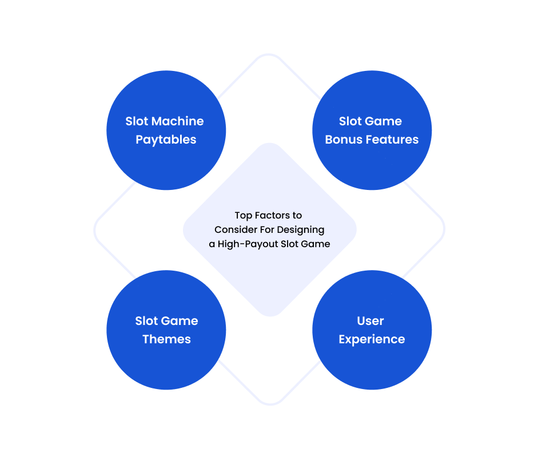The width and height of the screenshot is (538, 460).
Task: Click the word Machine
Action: pos(177,121)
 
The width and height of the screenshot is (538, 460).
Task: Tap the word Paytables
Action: pos(166,140)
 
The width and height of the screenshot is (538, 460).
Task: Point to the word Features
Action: pos(392,140)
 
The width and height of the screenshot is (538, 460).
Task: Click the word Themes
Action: pos(167,339)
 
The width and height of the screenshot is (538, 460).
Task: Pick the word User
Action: pos(370,321)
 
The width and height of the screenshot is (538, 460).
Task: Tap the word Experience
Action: pos(372,339)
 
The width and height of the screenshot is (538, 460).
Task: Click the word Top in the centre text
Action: pos(243,216)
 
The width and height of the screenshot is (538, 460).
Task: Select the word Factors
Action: pos(273,215)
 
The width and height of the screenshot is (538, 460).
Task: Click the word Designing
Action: pos(301,230)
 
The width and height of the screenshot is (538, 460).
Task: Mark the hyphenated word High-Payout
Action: pos(248,244)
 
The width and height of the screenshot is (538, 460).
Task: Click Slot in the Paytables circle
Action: pos(137,121)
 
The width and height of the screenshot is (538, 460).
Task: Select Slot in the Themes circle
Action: pos(146,321)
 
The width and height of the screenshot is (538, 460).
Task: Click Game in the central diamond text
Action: pos(316,244)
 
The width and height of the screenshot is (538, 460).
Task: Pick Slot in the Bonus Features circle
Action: pos(350,121)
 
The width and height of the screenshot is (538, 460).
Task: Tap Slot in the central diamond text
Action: pos(289,244)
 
